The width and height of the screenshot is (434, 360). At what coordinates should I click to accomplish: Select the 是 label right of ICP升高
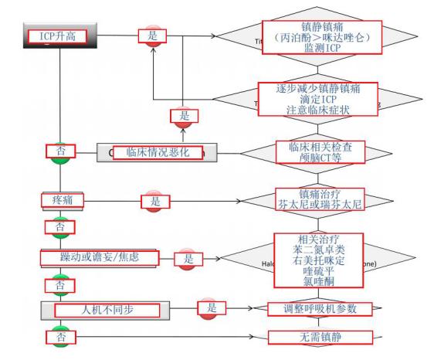click(152, 35)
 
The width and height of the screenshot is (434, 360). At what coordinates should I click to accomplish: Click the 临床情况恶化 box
click(158, 153)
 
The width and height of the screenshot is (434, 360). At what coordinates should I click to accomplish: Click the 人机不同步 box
click(100, 311)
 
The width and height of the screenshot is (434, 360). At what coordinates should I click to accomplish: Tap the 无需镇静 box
click(320, 337)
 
